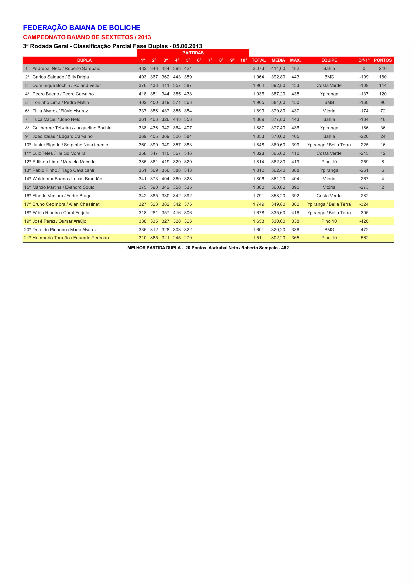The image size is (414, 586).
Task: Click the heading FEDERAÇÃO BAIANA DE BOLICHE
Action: coord(82,28)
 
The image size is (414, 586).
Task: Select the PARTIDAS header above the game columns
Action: coord(193,53)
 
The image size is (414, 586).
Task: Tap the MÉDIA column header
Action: coord(278,60)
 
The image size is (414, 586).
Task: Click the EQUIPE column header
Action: coord(329,60)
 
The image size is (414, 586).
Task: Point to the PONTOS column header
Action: coord(383,60)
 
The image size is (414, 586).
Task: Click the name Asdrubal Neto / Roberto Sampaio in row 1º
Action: coord(66,68)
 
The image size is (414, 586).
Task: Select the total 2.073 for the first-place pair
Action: coord(258,68)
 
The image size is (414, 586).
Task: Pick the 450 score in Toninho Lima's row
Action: coord(154,102)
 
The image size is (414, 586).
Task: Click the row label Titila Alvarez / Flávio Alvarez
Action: coord(60,111)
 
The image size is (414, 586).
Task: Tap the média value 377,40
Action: coord(278,128)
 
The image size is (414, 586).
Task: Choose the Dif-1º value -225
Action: coord(364,145)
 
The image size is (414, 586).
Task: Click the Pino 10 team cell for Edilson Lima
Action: coord(329,162)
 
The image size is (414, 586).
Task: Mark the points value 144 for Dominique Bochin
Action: coord(383,85)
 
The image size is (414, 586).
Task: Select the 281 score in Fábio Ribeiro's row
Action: coord(154,213)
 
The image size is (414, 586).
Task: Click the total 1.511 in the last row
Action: coord(258,238)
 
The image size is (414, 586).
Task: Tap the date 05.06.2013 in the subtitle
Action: coord(187,46)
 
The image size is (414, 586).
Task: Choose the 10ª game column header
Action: coord(244,60)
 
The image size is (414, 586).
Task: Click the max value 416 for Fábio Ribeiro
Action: coord(295,213)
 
